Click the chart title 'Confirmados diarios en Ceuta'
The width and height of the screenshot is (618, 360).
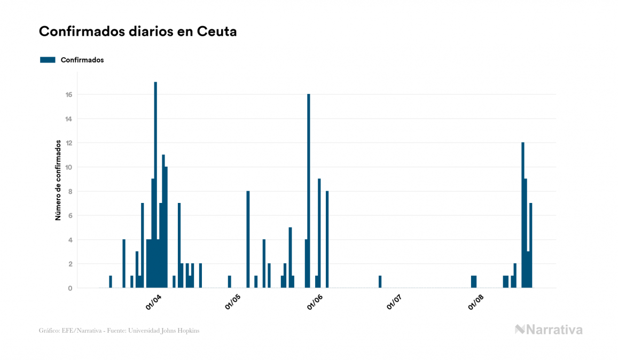click(138, 32)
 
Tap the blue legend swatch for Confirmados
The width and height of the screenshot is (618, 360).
click(48, 60)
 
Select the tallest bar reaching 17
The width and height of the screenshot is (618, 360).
click(155, 184)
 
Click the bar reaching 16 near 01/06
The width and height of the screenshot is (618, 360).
click(309, 191)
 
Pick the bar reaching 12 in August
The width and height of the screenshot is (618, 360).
click(523, 215)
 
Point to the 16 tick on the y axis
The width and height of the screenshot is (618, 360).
click(69, 95)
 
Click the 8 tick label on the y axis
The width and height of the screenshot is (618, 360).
click(69, 191)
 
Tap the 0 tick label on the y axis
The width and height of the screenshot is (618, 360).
click(69, 288)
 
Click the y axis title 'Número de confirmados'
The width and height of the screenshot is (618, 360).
click(58, 181)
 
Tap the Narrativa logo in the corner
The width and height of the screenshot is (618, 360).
click(549, 330)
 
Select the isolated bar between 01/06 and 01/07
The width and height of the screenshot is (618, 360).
click(380, 281)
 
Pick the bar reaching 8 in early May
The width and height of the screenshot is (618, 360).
click(248, 239)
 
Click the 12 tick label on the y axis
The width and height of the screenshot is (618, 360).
click(69, 143)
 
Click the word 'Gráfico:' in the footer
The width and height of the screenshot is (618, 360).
click(49, 331)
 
